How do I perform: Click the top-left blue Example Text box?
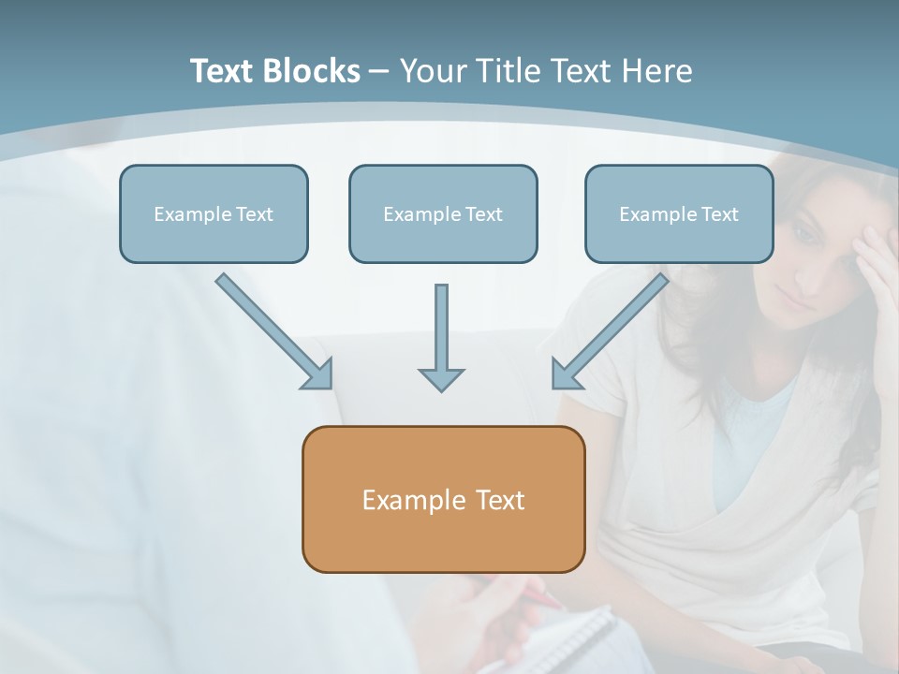pos(214,213)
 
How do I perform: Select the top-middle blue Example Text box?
pos(443,213)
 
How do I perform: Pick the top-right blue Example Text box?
pos(679,213)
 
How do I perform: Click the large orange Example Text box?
pos(443,499)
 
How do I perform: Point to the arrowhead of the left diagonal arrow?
pos(318,374)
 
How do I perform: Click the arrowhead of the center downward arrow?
pos(441,379)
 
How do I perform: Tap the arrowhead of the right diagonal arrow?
pos(565,374)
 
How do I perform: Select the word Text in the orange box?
pos(500,500)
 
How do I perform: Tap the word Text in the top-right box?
pos(719,214)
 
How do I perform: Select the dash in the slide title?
pos(379,72)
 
